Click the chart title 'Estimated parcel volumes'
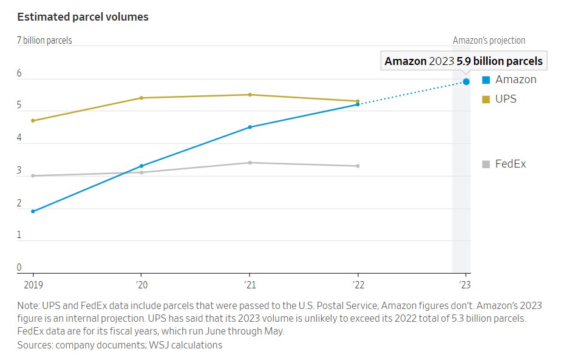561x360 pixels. [x=83, y=17]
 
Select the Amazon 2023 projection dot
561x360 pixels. [x=466, y=81]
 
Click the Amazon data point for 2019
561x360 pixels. [x=33, y=211]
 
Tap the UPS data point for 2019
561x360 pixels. [x=33, y=121]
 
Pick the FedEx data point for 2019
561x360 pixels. [x=33, y=175]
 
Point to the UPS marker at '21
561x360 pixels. [x=250, y=95]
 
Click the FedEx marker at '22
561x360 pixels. [x=358, y=166]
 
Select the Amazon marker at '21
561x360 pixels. [x=250, y=127]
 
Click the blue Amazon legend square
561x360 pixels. [x=486, y=80]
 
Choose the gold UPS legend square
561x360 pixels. [x=486, y=99]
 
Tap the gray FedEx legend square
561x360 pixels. [x=486, y=164]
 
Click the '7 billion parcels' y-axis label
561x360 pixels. [x=44, y=41]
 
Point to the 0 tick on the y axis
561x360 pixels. [x=19, y=267]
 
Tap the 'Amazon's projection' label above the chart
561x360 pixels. [x=489, y=41]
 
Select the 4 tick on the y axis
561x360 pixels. [x=19, y=138]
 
